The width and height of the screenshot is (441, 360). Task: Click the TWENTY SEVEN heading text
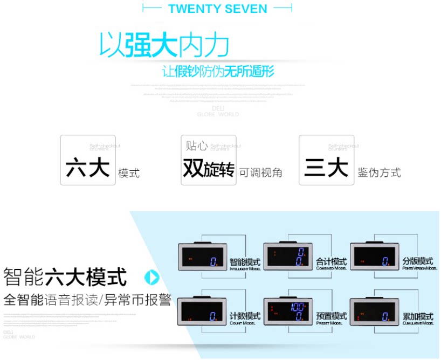pyautogui.click(x=217, y=9)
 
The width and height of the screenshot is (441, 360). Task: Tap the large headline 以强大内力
pyautogui.click(x=164, y=46)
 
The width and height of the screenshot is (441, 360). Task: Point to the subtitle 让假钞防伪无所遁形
pyautogui.click(x=218, y=71)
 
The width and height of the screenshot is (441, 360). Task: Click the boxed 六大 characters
pyautogui.click(x=87, y=168)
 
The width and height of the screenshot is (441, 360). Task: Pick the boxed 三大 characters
pyautogui.click(x=326, y=168)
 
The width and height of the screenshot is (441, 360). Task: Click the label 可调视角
pyautogui.click(x=260, y=172)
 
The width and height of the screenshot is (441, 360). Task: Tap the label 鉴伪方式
pyautogui.click(x=379, y=172)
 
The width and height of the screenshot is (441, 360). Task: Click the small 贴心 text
pyautogui.click(x=197, y=146)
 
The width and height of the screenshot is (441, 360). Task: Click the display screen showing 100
pyautogui.click(x=288, y=311)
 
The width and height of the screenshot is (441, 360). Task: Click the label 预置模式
pyautogui.click(x=332, y=316)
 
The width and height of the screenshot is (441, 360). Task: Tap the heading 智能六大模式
pyautogui.click(x=65, y=277)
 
